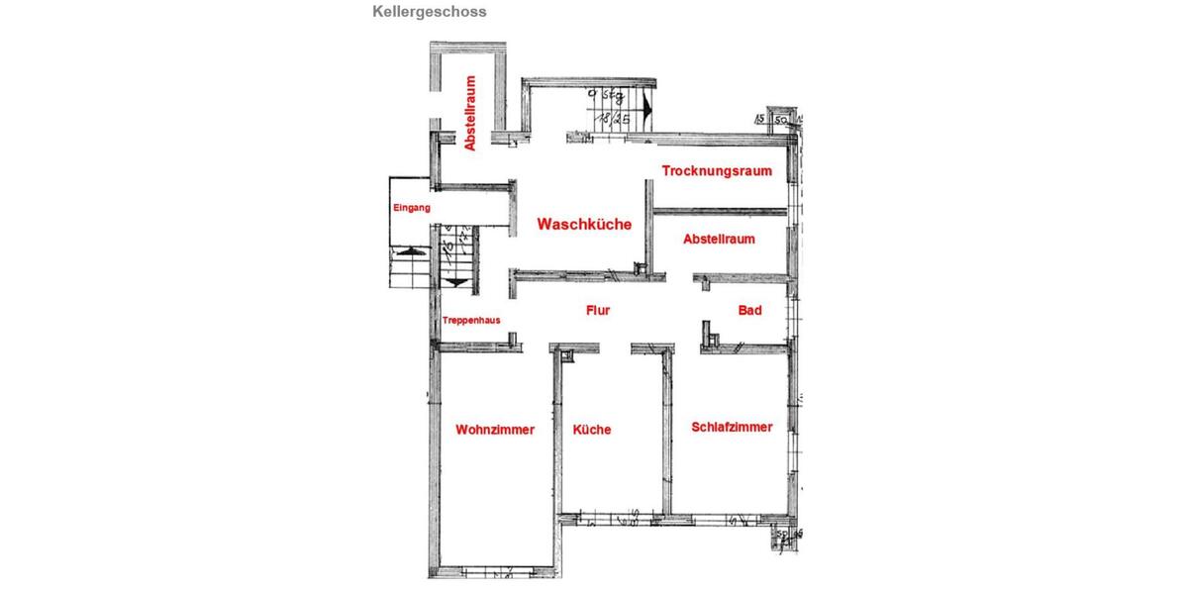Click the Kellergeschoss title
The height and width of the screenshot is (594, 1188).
[429, 13]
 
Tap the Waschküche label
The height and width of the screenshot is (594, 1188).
[584, 225]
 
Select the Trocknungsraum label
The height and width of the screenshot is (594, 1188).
[717, 171]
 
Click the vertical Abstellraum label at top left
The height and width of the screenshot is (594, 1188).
[470, 113]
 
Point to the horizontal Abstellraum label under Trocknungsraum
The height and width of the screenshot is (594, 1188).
[720, 240]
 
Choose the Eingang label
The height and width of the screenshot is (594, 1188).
[412, 208]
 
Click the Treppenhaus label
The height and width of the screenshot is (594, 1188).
[471, 320]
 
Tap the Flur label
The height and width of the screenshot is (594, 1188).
[598, 311]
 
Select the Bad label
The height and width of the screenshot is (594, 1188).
[749, 311]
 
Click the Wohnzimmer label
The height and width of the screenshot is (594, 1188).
[495, 430]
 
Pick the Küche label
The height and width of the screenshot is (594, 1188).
[592, 430]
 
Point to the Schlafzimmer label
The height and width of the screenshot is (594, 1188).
[732, 427]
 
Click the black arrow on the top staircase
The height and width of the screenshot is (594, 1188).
[646, 105]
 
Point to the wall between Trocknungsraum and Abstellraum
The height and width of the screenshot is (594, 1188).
[721, 210]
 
